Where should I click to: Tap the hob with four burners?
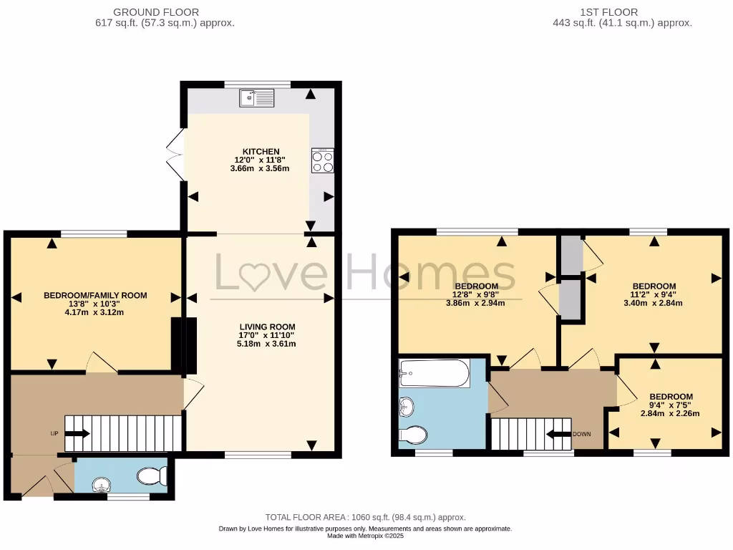(x=323, y=160)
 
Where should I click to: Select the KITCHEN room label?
(x=261, y=151)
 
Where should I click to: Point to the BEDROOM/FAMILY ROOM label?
(x=95, y=295)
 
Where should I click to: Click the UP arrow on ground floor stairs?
(x=77, y=433)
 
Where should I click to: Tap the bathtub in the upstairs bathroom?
(x=435, y=373)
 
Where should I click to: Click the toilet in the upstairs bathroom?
(x=413, y=434)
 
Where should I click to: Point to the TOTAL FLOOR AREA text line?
(x=366, y=517)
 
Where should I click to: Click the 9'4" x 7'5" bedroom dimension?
(x=671, y=405)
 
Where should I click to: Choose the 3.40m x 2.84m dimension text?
(x=654, y=303)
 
